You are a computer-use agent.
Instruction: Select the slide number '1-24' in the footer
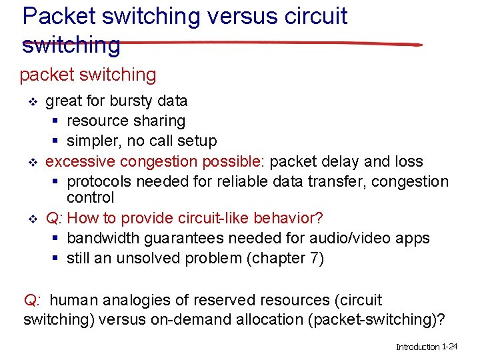(x=450, y=347)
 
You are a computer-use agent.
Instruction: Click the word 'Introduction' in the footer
(x=418, y=347)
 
